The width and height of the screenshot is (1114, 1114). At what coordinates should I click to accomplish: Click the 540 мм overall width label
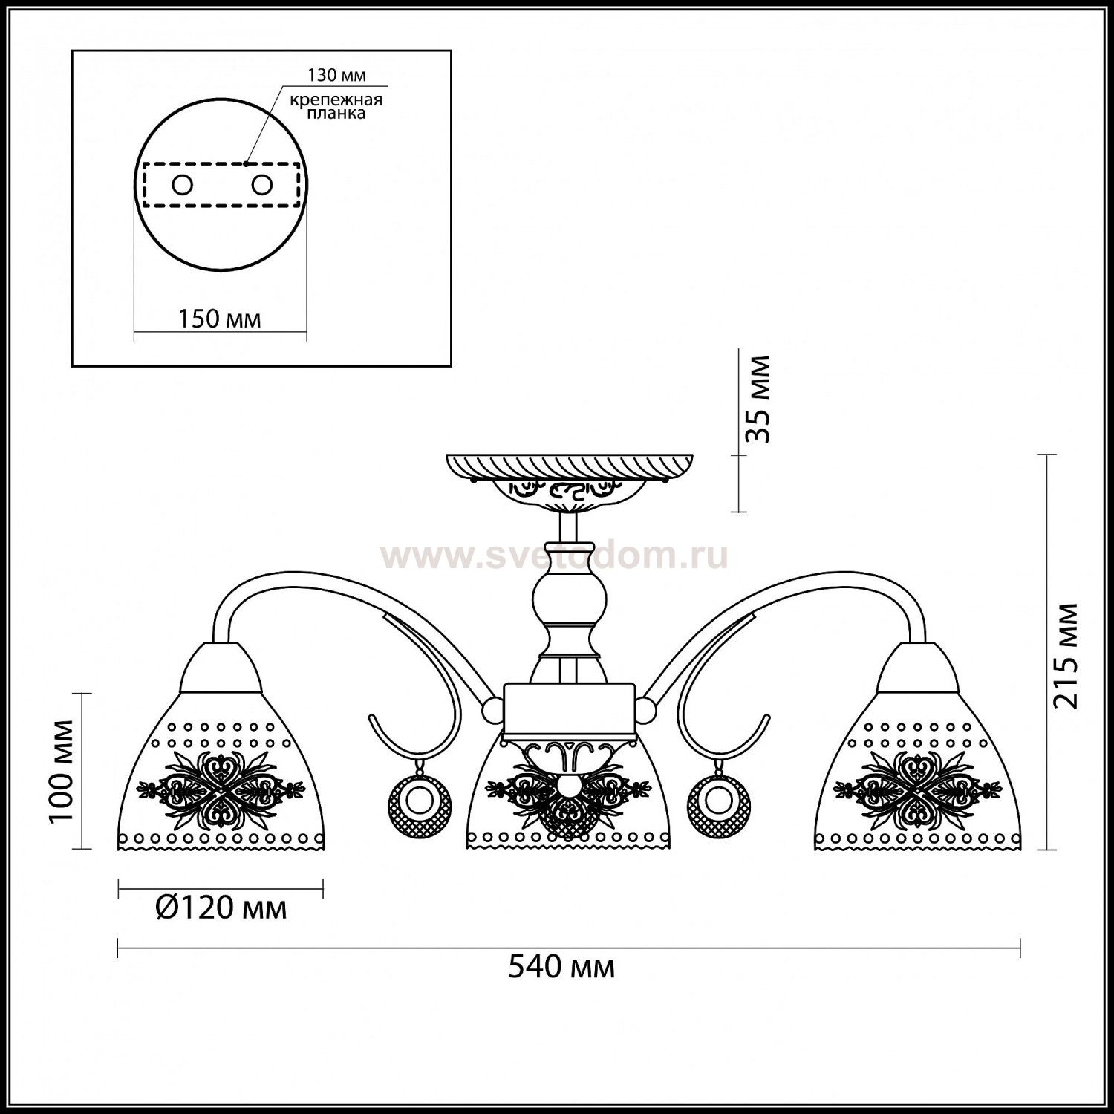coord(561,968)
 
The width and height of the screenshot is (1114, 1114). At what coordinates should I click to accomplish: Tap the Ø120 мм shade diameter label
coord(221,907)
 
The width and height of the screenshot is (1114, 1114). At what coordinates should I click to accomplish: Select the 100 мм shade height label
coord(62,770)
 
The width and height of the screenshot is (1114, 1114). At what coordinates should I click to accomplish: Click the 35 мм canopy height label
coord(758,400)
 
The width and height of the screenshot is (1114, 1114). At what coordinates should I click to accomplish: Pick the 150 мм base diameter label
coord(219,319)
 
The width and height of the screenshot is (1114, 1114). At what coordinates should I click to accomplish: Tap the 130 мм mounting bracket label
coord(337,76)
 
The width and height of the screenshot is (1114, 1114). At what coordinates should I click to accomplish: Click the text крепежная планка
coord(337,106)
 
